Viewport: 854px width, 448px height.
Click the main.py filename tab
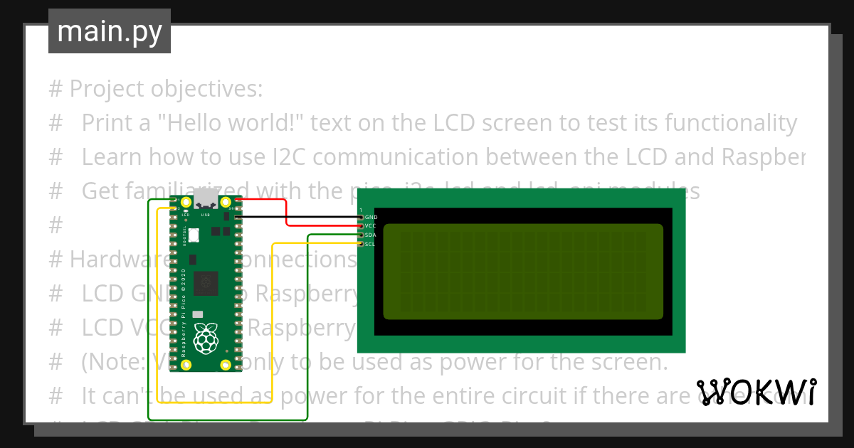pyautogui.click(x=110, y=31)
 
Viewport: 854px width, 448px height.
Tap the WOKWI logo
pyautogui.click(x=756, y=392)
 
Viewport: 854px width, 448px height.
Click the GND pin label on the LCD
pyautogui.click(x=371, y=216)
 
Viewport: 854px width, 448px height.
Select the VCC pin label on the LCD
pyautogui.click(x=371, y=225)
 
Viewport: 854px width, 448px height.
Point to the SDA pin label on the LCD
pyautogui.click(x=371, y=235)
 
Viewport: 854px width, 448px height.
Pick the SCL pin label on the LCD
pyautogui.click(x=370, y=244)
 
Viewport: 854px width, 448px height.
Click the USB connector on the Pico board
pyautogui.click(x=206, y=199)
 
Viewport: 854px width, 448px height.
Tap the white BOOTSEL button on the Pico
pyautogui.click(x=193, y=235)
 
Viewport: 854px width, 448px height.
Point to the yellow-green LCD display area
pyautogui.click(x=523, y=272)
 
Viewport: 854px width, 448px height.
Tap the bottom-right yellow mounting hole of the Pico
pyautogui.click(x=226, y=365)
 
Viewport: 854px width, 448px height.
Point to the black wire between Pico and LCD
pyautogui.click(x=299, y=216)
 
